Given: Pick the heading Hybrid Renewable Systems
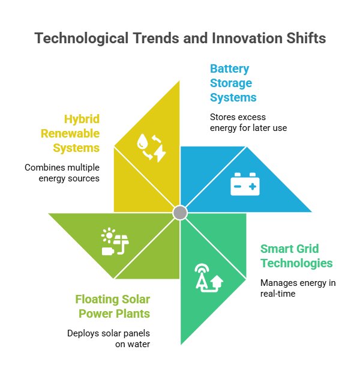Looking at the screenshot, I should tap(71, 133).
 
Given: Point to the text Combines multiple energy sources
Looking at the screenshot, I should tap(62, 172).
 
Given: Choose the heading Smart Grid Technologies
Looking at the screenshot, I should tap(296, 256).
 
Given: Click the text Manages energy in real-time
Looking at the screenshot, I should tap(290, 288).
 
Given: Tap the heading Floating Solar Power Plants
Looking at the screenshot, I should tap(113, 306).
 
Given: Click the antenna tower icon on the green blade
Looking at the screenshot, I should tap(207, 277).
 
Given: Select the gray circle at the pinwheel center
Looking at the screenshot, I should tap(180, 213).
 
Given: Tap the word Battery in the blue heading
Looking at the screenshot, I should tap(229, 68).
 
